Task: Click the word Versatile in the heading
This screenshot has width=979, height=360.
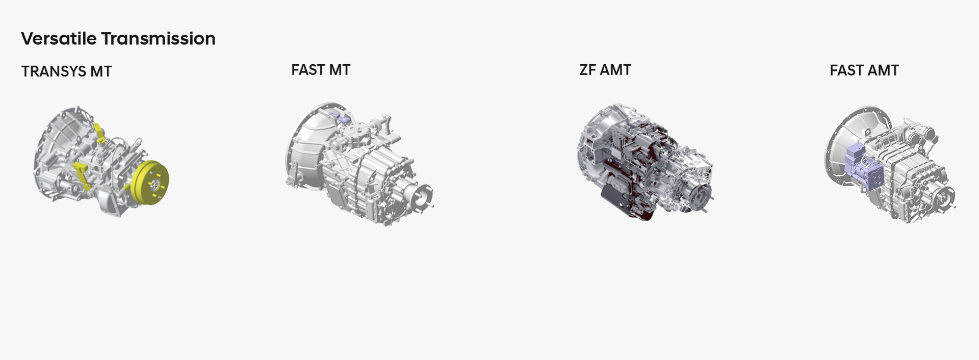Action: (x=59, y=38)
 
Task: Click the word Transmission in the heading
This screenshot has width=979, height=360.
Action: (x=158, y=38)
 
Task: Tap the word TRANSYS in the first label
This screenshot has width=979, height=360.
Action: (x=54, y=71)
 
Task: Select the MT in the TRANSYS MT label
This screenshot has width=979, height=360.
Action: (x=101, y=71)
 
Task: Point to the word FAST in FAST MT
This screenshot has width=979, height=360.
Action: (x=307, y=70)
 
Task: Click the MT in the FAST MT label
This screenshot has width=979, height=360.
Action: (x=340, y=70)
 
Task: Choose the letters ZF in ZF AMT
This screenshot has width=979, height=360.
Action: (x=588, y=70)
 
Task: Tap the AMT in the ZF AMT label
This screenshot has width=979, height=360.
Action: (x=616, y=70)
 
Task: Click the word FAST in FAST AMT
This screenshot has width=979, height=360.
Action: (x=846, y=70)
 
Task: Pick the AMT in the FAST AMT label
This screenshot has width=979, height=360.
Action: (x=883, y=70)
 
